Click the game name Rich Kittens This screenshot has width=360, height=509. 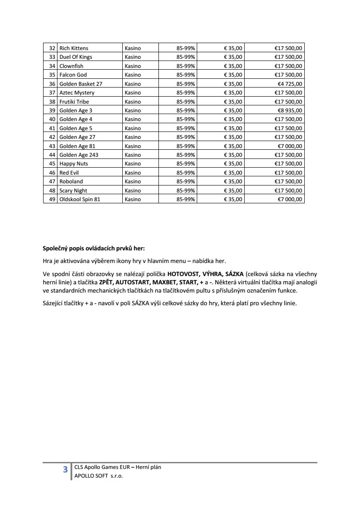click(x=74, y=48)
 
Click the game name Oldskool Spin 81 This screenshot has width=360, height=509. click(x=83, y=199)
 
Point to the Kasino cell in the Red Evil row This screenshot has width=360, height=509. click(x=133, y=173)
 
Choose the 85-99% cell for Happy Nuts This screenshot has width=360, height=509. click(x=186, y=164)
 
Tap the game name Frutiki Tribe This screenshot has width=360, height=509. click(x=74, y=101)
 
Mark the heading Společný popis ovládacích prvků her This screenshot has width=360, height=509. click(x=94, y=249)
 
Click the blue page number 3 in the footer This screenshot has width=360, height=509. click(x=65, y=469)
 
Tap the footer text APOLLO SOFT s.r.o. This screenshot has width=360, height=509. click(x=99, y=476)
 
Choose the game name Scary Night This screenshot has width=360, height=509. click(x=73, y=191)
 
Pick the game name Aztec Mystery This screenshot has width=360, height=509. click(x=77, y=93)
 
